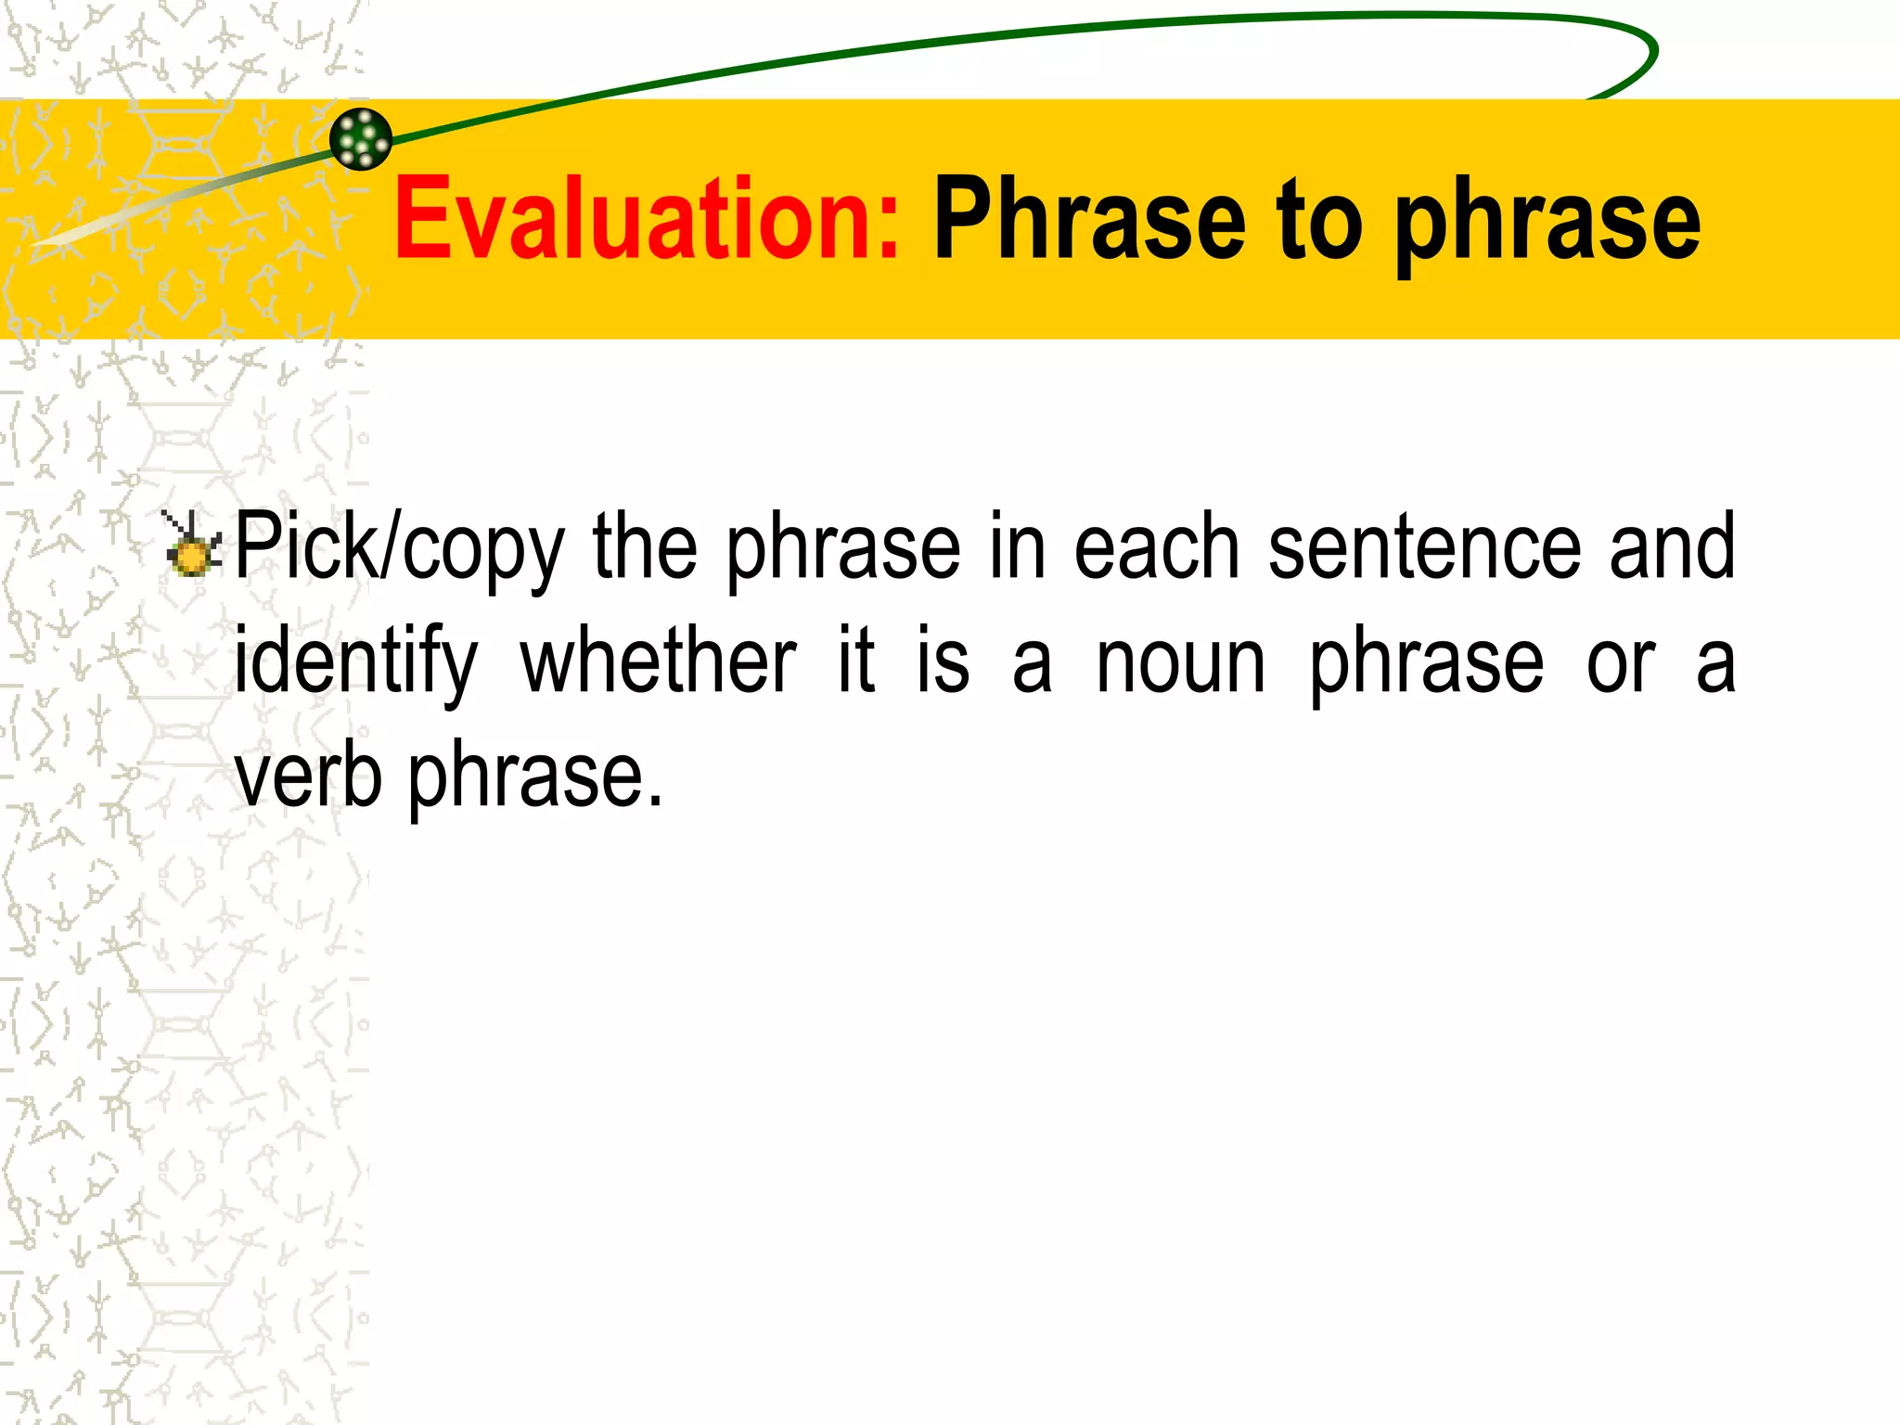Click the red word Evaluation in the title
coord(647,220)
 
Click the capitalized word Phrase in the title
coord(1089,220)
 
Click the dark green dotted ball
coord(361,139)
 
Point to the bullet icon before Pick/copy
coord(192,546)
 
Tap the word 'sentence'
coord(1423,547)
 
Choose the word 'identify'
coord(355,663)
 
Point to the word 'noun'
coord(1180,663)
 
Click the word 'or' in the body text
coord(1620,663)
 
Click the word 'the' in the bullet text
coord(645,547)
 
